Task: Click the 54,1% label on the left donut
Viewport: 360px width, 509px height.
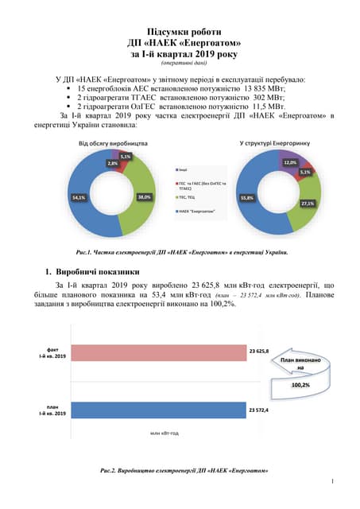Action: [x=79, y=197]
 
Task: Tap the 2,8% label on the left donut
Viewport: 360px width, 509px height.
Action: [x=113, y=163]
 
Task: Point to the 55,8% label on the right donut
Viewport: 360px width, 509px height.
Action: [x=246, y=197]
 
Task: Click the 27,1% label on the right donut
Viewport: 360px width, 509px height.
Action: [x=306, y=204]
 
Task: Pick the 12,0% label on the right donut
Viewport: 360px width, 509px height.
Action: [x=290, y=162]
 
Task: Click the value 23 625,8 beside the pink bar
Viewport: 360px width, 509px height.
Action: [x=259, y=351]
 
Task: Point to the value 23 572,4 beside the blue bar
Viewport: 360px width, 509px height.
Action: [x=259, y=410]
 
